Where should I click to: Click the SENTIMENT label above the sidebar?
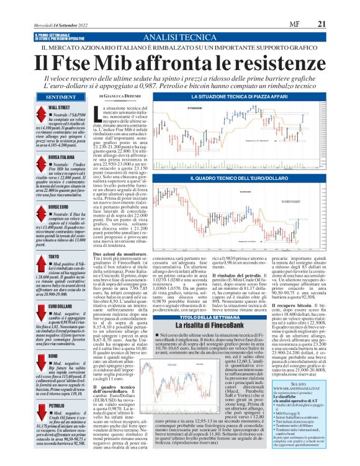click(x=61, y=97)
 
